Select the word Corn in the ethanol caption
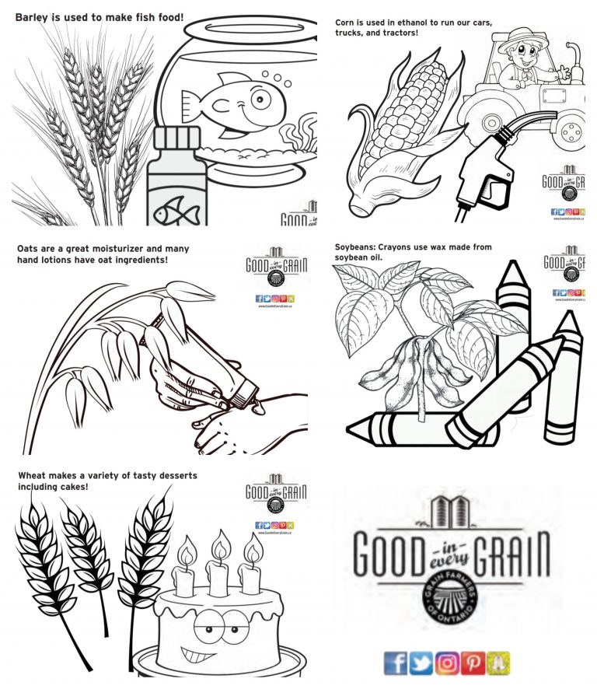pos(347,23)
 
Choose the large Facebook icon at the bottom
pos(396,662)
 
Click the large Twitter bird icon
pos(421,662)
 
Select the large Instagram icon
pos(447,662)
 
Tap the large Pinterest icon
pos(473,662)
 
